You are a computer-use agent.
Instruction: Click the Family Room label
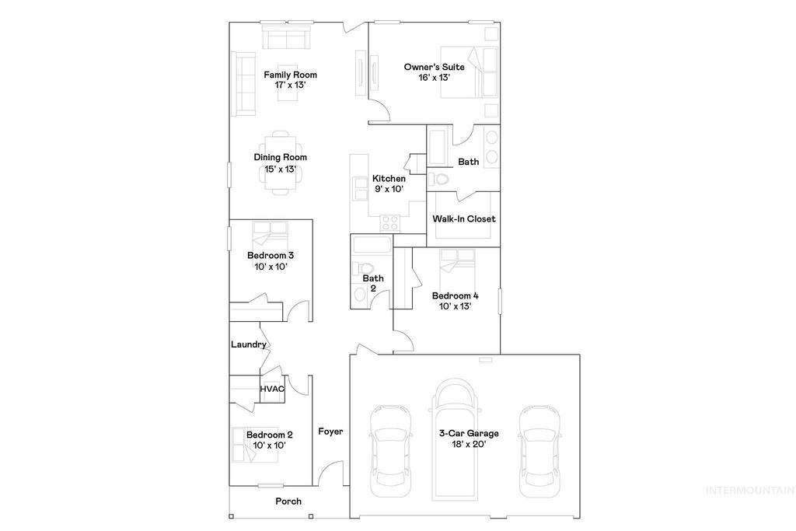(290, 75)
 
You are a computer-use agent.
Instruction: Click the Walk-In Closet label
(464, 219)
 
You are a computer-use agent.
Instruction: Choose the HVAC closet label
(272, 389)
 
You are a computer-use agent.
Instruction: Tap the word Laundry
(249, 344)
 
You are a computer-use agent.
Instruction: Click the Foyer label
(330, 431)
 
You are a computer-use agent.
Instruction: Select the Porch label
(288, 501)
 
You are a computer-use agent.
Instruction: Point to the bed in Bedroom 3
(269, 233)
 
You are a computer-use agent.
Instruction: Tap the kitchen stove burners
(389, 222)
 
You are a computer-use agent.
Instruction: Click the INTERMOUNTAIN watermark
(749, 490)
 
